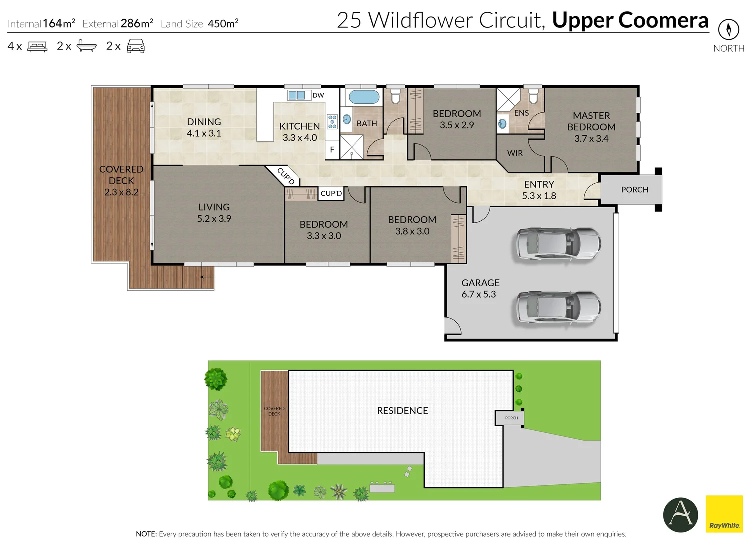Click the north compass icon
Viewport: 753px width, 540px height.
pyautogui.click(x=728, y=30)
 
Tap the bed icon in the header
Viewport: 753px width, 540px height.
pyautogui.click(x=37, y=47)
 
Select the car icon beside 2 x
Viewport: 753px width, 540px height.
pyautogui.click(x=136, y=47)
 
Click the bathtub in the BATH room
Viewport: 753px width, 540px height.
pyautogui.click(x=363, y=97)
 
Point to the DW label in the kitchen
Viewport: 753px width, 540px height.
pyautogui.click(x=318, y=95)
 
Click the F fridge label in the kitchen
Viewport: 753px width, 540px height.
pyautogui.click(x=332, y=150)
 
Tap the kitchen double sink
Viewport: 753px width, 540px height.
pyautogui.click(x=297, y=95)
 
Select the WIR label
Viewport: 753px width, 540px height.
pyautogui.click(x=515, y=153)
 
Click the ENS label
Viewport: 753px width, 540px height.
pyautogui.click(x=521, y=113)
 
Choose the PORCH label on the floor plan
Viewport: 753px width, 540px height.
pyautogui.click(x=634, y=190)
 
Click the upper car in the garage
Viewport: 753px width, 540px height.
pyautogui.click(x=558, y=244)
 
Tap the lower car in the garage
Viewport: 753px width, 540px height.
pyautogui.click(x=558, y=307)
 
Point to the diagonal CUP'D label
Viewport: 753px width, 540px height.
pyautogui.click(x=286, y=176)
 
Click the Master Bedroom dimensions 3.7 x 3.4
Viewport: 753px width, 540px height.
pyautogui.click(x=591, y=139)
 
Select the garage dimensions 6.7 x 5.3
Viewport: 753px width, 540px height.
pyautogui.click(x=479, y=294)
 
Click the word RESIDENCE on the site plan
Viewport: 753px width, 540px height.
pyautogui.click(x=402, y=411)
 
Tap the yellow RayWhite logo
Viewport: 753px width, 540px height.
pyautogui.click(x=724, y=514)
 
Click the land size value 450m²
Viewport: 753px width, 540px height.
pyautogui.click(x=223, y=24)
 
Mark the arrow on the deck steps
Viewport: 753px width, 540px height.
pyautogui.click(x=207, y=277)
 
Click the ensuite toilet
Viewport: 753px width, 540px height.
pyautogui.click(x=533, y=96)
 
